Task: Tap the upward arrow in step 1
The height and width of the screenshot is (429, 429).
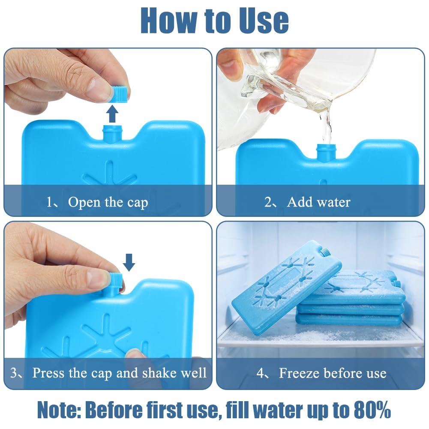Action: [x=112, y=114]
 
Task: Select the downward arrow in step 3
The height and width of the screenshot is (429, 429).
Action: [x=129, y=262]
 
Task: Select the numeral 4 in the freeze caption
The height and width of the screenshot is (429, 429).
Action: [x=260, y=373]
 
